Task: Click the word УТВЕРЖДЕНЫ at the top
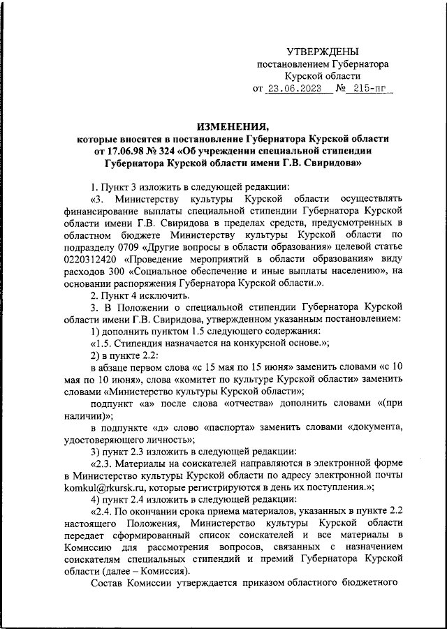323,51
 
